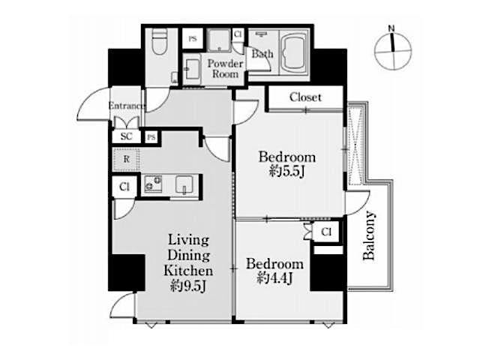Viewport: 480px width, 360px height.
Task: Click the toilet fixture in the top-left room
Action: point(160,42)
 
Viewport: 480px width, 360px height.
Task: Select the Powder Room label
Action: point(226,68)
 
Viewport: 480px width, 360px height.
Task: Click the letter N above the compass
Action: point(391,28)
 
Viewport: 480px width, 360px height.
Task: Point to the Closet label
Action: point(305,97)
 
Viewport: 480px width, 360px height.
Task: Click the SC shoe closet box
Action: point(126,136)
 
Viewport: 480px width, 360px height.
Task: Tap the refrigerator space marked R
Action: point(126,160)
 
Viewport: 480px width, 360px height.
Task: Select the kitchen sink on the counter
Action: point(184,184)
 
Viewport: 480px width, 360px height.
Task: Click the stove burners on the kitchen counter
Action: point(153,184)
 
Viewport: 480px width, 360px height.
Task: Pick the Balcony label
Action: point(369,235)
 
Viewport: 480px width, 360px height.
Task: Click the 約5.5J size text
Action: point(286,172)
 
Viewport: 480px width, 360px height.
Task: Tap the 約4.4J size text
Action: point(274,278)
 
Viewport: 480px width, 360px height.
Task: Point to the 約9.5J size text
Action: point(188,286)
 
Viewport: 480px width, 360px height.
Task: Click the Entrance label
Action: point(126,106)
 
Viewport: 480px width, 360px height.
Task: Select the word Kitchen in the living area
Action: point(188,271)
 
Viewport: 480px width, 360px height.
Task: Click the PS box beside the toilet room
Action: point(193,38)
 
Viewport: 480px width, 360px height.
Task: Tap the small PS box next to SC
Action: point(151,137)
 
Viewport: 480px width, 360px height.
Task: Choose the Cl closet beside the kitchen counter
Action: point(124,187)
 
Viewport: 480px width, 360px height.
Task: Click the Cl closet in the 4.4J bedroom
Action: point(326,232)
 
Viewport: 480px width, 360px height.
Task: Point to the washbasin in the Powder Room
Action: point(192,69)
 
